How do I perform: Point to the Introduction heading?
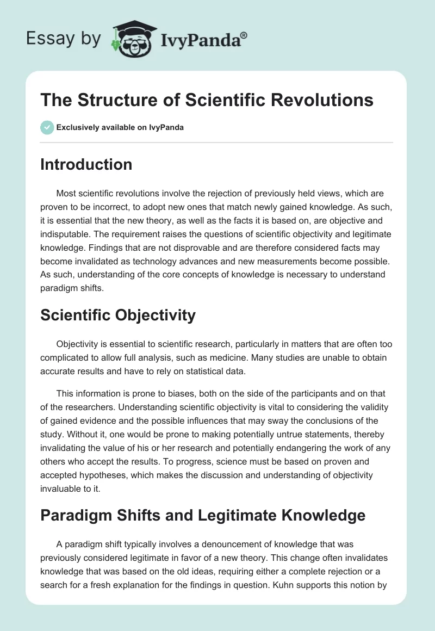coord(86,164)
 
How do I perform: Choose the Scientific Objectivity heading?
coord(117,315)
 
